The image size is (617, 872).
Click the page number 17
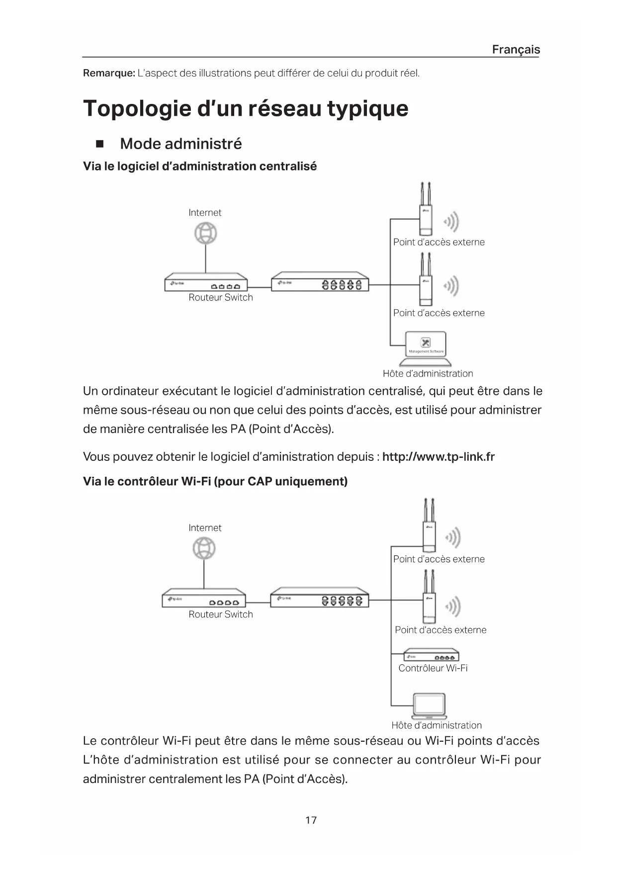pyautogui.click(x=311, y=820)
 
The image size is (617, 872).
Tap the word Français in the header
pyautogui.click(x=516, y=49)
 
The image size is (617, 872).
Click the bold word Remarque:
pyautogui.click(x=109, y=73)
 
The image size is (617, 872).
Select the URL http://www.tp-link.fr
pyautogui.click(x=439, y=456)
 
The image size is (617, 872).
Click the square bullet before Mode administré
pyautogui.click(x=99, y=144)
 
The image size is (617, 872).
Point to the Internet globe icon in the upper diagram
pyautogui.click(x=205, y=233)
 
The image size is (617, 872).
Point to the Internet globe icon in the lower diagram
pyautogui.click(x=204, y=549)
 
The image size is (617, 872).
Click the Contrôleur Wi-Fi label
pyautogui.click(x=433, y=668)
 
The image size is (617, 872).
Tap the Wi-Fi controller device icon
pyautogui.click(x=431, y=655)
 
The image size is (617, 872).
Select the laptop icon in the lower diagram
pyautogui.click(x=430, y=706)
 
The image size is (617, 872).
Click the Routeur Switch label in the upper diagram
pyautogui.click(x=221, y=297)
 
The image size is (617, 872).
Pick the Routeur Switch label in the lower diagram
pyautogui.click(x=221, y=614)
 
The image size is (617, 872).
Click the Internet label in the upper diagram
pyautogui.click(x=205, y=212)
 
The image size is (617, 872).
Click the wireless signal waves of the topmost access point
pyautogui.click(x=451, y=221)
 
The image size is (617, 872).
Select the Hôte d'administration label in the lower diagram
pyautogui.click(x=436, y=725)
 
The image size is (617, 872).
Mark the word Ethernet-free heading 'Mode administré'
pyautogui.click(x=180, y=144)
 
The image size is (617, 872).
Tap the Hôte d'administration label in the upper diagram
pyautogui.click(x=428, y=373)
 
